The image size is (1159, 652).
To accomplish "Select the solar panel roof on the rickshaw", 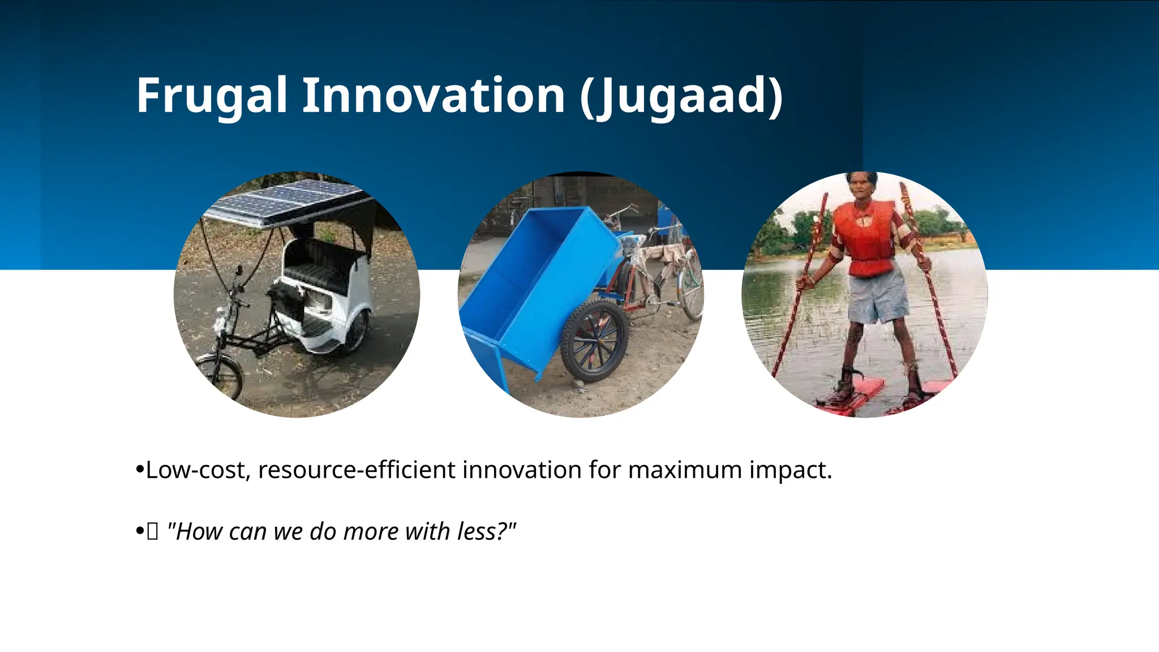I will coord(286,203).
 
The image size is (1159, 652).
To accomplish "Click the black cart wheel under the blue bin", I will coord(594,341).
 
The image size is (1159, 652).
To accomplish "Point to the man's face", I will coord(861,189).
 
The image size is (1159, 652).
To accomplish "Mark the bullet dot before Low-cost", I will coord(140,470).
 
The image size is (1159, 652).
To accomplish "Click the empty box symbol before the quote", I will coord(153,532).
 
